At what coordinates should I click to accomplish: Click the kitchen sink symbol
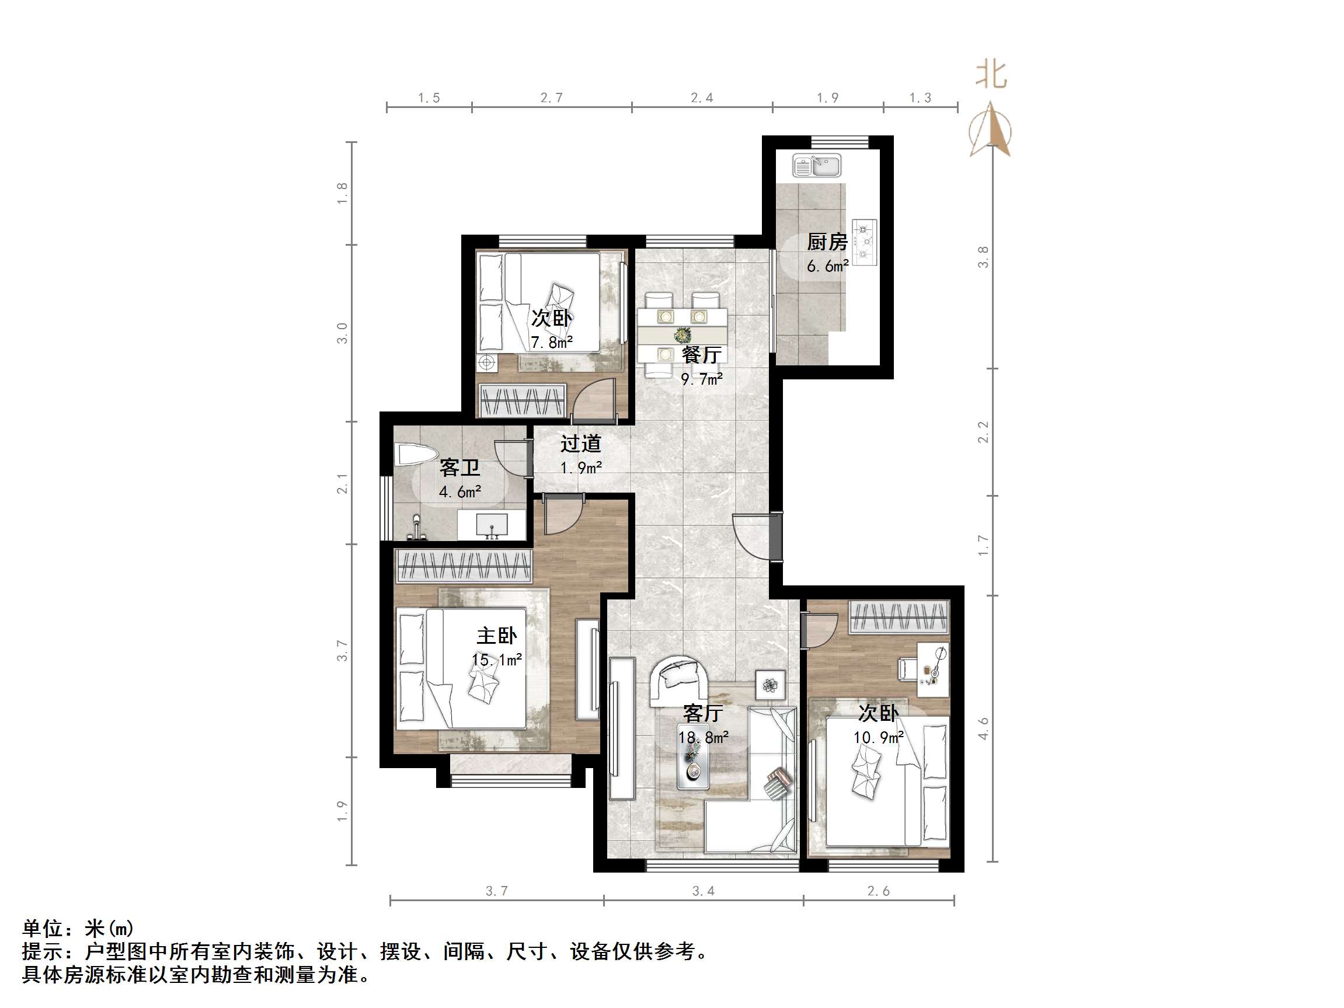tap(817, 165)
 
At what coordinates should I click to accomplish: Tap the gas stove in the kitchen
tap(865, 242)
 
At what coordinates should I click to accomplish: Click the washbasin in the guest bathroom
tap(492, 525)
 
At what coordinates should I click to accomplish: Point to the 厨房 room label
tap(827, 242)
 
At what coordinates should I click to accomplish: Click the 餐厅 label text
tap(701, 355)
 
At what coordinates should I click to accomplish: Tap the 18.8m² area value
tap(703, 738)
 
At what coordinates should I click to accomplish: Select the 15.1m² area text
tap(496, 660)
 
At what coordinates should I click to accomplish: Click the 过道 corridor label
tap(580, 444)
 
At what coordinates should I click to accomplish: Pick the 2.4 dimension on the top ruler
tap(702, 98)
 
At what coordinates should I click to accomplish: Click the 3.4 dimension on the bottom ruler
tap(703, 891)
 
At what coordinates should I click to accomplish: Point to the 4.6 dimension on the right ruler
tap(983, 728)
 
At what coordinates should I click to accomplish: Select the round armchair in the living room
tap(678, 681)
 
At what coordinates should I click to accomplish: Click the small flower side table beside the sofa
tap(771, 685)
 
